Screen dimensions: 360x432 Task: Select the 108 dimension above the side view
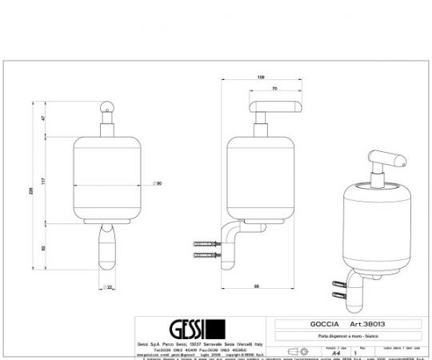coord(260,78)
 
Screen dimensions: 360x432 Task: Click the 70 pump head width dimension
coord(274,89)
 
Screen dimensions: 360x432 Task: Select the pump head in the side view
coord(274,106)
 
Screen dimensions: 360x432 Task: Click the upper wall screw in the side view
coord(206,242)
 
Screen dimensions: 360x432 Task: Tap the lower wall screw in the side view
coord(206,256)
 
